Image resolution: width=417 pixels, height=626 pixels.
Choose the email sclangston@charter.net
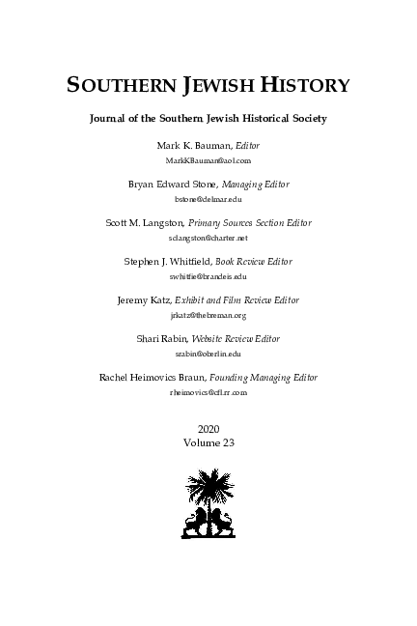click(208, 237)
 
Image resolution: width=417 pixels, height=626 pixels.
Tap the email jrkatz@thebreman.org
click(208, 315)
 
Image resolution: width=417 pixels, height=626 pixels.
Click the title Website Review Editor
click(245, 340)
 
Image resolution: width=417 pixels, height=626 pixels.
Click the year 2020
click(208, 427)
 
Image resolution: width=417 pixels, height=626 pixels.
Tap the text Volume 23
click(208, 441)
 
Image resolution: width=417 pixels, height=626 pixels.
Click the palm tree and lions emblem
click(208, 504)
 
